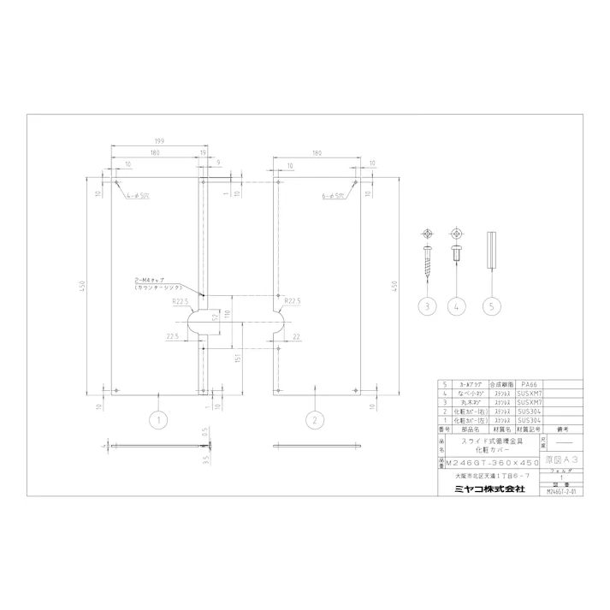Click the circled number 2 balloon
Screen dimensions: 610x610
315,419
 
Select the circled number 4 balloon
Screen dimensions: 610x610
459,305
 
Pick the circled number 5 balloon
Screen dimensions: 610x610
491,305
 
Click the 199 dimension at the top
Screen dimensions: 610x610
160,140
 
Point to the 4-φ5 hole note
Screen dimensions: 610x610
137,197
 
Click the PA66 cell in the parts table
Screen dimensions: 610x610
530,386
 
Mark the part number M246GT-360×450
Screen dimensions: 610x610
489,462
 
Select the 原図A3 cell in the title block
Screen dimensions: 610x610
561,461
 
